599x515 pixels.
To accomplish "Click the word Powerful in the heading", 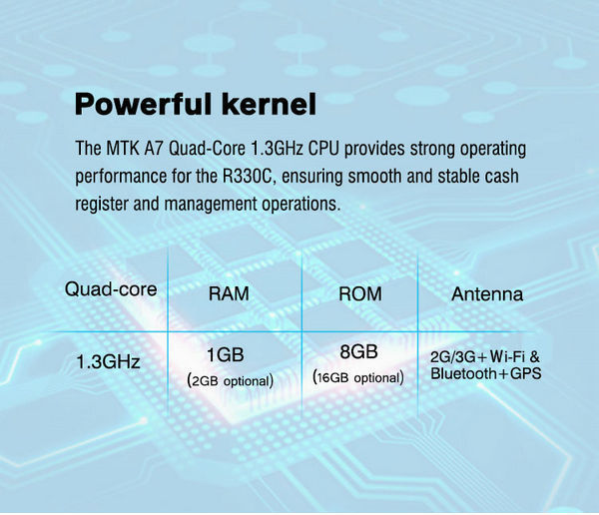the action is tap(143, 104).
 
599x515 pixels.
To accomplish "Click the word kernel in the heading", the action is tap(269, 104).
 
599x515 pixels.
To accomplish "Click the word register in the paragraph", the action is tap(101, 205).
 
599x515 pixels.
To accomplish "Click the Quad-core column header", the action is tap(111, 289).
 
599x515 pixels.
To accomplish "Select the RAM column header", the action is tap(229, 293).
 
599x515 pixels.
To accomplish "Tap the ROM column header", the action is tap(360, 293).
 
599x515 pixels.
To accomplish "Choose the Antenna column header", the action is tap(487, 294).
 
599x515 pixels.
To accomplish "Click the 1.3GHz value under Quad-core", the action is tap(109, 361).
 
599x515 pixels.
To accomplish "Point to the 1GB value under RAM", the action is tap(226, 354).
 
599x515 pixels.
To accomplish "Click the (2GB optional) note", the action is tap(231, 381).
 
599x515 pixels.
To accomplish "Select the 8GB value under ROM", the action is tap(358, 351).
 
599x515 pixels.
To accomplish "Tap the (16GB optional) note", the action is tap(358, 377).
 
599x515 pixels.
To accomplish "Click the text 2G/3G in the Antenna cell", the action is tap(453, 357).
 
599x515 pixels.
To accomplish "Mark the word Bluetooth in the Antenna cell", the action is tap(464, 373).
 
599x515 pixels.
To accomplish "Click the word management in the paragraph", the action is tap(211, 205).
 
